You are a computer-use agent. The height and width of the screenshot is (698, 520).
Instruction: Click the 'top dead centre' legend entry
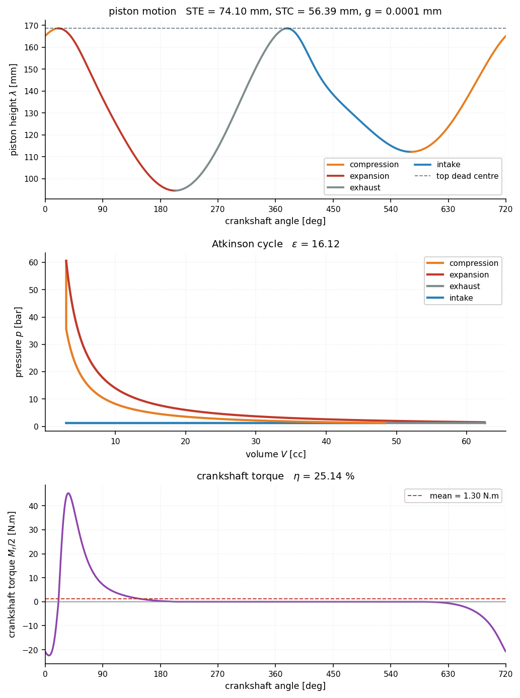click(457, 176)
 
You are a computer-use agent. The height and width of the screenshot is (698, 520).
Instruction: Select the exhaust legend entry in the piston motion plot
click(353, 188)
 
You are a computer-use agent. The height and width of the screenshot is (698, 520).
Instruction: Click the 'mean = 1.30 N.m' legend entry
click(453, 496)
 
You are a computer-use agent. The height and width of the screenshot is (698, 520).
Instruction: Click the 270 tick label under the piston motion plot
click(218, 209)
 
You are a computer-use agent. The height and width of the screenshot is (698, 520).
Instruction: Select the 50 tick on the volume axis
click(396, 441)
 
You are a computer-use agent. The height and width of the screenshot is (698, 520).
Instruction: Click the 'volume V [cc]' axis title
click(275, 454)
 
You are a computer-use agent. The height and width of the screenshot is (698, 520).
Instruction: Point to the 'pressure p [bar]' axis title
click(19, 342)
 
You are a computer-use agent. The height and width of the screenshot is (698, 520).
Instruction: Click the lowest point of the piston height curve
click(175, 190)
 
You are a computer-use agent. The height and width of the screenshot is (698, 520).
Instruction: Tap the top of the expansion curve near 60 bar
click(66, 260)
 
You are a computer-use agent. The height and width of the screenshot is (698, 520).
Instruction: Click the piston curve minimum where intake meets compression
click(411, 152)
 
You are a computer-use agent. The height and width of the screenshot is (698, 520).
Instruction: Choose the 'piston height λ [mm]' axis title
click(13, 110)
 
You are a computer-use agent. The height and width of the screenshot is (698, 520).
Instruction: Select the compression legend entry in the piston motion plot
click(362, 164)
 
